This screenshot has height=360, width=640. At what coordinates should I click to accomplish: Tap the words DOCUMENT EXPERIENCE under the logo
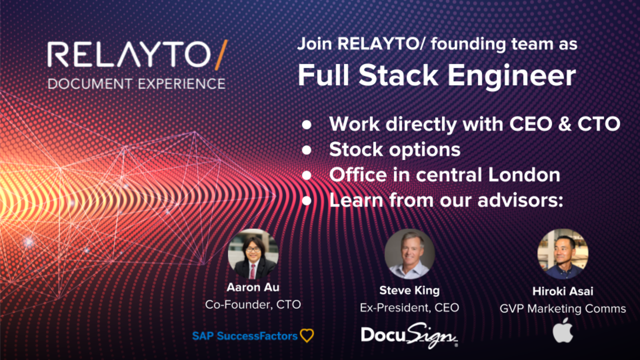pos(136,83)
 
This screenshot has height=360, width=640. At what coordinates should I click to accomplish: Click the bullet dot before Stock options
pos(307,150)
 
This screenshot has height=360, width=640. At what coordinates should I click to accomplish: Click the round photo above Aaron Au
pos(253,254)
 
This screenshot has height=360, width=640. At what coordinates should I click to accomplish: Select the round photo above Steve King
pos(409,254)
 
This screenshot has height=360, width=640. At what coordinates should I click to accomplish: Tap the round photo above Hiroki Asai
pos(563,254)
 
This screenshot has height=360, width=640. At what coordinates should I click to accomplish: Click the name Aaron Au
pos(253,287)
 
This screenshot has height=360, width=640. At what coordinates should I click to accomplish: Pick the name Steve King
pos(409,291)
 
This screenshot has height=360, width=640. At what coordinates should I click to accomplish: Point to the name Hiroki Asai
pos(563,292)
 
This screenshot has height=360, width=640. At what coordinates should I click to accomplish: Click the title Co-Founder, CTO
pos(253,304)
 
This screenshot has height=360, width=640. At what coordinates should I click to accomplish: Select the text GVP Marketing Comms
pos(563,308)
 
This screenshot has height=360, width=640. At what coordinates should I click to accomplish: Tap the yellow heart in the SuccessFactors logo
pos(307,336)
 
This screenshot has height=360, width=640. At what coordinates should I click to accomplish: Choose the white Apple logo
pos(563,330)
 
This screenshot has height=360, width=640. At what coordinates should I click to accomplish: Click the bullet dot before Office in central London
pos(307,175)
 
